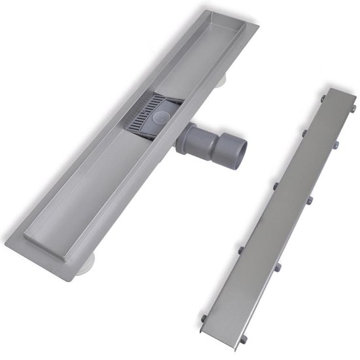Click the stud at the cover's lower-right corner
244,338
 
